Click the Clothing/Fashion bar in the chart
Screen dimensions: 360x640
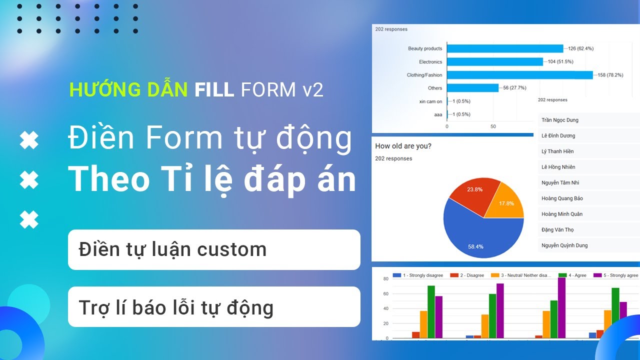coord(519,75)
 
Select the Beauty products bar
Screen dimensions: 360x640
coord(505,48)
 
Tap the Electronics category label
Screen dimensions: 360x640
coord(430,62)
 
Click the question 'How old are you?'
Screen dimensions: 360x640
coord(403,146)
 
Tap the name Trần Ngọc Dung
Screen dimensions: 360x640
coord(559,120)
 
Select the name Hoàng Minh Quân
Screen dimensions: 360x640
coord(561,214)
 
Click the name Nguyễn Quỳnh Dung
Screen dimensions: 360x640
coord(564,245)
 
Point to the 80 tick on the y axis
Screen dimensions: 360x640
coord(385,279)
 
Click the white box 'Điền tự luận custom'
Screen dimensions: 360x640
coord(214,249)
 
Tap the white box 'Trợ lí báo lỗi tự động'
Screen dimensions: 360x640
coord(214,307)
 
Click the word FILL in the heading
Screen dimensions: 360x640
coord(214,89)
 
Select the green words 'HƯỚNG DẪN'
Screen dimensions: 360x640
coord(128,89)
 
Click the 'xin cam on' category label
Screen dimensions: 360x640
coord(430,101)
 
